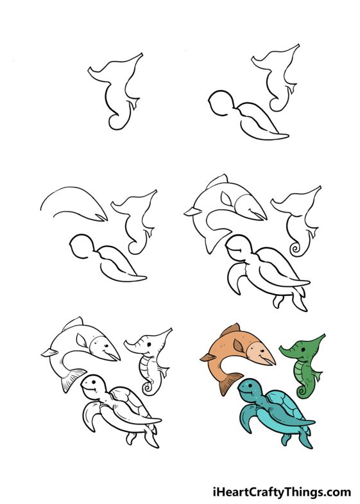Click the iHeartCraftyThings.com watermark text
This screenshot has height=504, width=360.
[282, 492]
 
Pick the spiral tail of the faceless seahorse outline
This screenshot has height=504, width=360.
[296, 248]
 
